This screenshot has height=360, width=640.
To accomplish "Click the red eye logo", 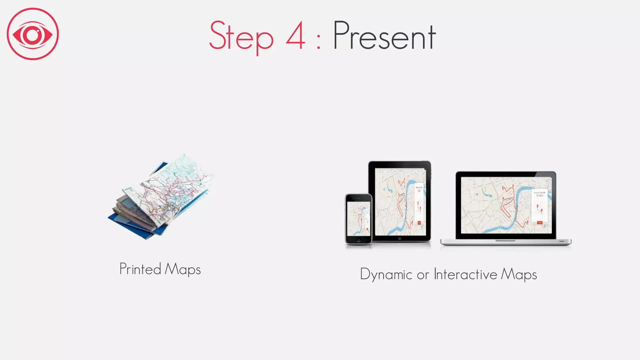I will click(33, 34).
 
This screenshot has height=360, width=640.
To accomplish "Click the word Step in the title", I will click(241, 37).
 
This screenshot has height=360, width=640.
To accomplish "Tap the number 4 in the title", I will click(295, 36).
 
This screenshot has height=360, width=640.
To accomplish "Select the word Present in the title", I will click(384, 36).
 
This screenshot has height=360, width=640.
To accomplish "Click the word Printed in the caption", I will click(140, 269).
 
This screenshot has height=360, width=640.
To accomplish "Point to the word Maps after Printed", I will click(182, 269).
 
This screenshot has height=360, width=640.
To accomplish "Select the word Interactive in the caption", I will click(465, 274).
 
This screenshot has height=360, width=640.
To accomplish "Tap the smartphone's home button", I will click(358, 240).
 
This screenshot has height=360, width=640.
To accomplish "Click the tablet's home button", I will click(400, 238).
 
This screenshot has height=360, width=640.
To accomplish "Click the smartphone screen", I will click(358, 218).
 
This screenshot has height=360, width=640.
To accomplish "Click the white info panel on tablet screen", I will click(419, 203).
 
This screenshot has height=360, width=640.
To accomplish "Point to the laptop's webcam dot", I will click(506, 173).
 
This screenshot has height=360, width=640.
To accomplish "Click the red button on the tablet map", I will click(419, 223).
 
